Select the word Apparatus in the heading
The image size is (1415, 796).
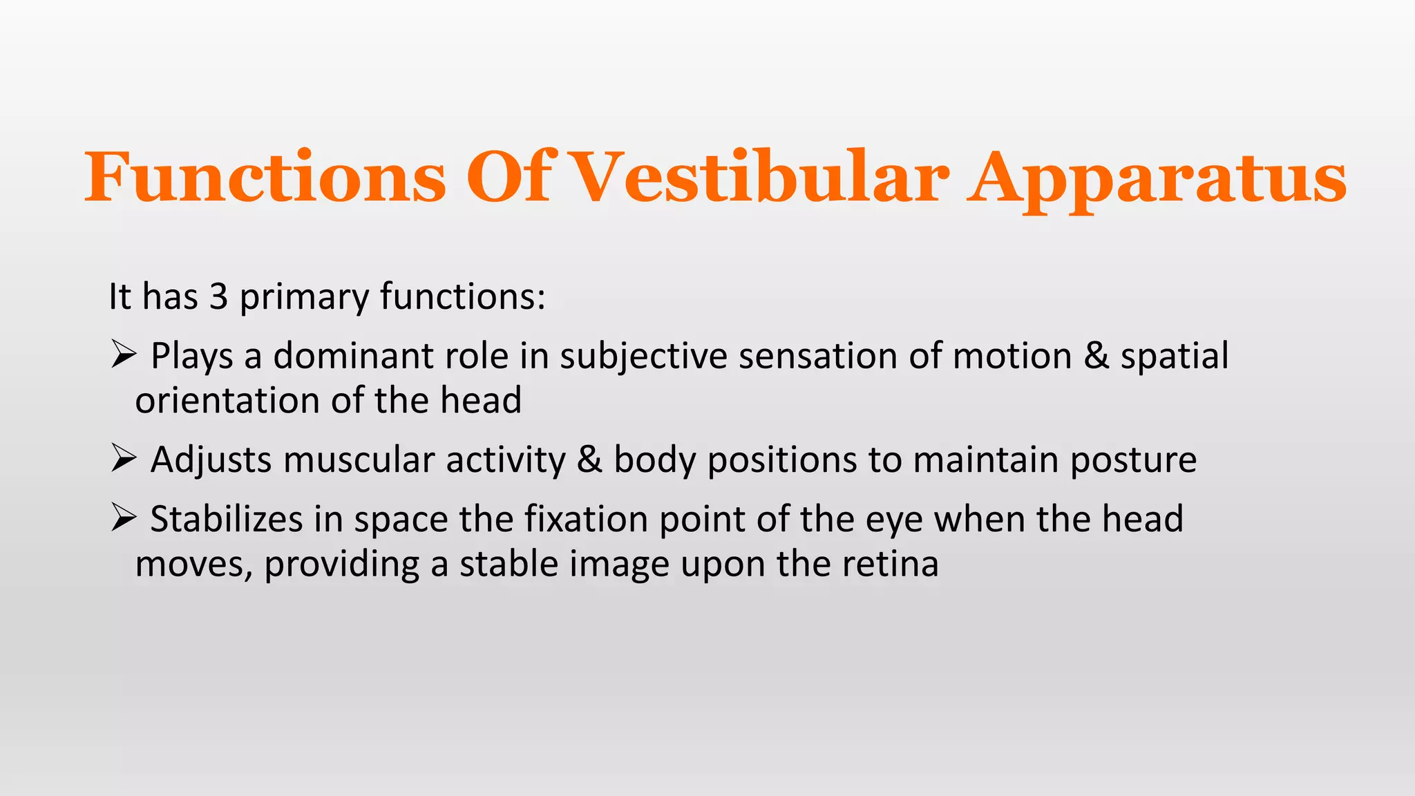click(x=1157, y=178)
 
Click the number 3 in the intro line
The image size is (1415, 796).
click(x=218, y=296)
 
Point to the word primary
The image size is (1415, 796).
click(x=304, y=298)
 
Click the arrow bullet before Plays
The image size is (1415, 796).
click(x=122, y=357)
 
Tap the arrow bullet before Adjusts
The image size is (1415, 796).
click(x=122, y=459)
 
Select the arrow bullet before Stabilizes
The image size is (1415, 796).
click(x=122, y=519)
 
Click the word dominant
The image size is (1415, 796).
click(x=352, y=357)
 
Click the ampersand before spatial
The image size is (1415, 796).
click(x=1096, y=357)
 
